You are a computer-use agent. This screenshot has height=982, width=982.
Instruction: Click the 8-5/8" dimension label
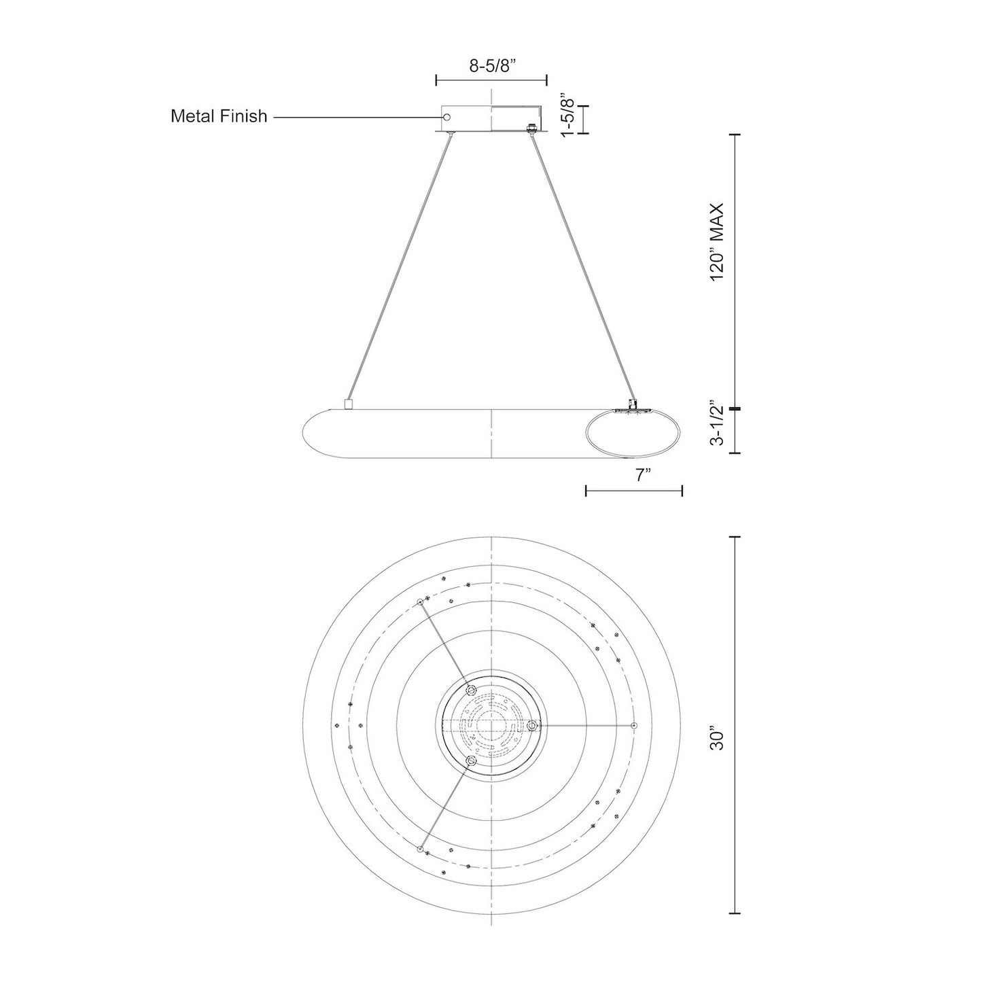[x=492, y=66]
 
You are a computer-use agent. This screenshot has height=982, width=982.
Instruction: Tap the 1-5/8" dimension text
[x=567, y=115]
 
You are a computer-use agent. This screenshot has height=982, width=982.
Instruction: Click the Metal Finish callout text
[x=219, y=116]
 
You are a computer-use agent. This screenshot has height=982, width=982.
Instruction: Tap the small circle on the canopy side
[x=447, y=117]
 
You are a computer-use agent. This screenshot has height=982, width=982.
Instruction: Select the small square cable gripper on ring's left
[x=349, y=404]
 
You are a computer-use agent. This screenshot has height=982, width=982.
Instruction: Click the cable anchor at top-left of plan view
[x=421, y=602]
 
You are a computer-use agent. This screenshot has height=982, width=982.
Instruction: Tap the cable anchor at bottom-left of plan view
[x=420, y=849]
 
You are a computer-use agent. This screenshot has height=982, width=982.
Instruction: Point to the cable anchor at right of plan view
[x=634, y=725]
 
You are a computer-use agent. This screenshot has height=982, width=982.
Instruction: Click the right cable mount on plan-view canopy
[x=532, y=725]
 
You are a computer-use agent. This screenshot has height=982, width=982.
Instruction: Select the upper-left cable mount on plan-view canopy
[x=472, y=690]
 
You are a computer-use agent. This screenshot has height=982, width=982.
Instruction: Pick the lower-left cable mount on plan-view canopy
[x=472, y=761]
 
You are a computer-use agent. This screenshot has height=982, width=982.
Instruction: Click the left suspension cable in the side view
[x=399, y=268]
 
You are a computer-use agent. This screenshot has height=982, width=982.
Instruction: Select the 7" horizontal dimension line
[x=634, y=491]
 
